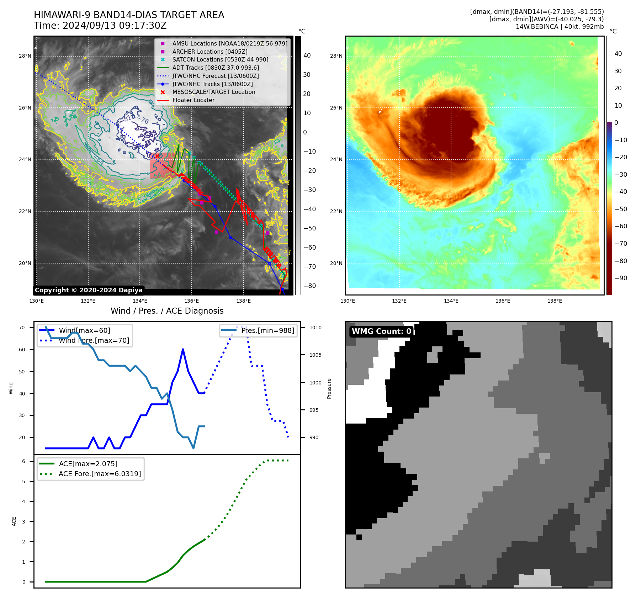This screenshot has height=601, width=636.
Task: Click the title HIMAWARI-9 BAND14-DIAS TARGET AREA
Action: (x=129, y=15)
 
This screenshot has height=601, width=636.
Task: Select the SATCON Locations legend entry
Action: (x=220, y=59)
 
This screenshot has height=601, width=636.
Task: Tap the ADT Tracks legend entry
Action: (x=216, y=68)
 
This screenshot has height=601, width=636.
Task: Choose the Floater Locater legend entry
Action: (x=193, y=100)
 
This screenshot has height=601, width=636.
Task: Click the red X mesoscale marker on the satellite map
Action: (x=157, y=156)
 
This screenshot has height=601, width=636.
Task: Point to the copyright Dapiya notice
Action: (x=89, y=290)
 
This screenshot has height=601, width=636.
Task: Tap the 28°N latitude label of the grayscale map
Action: (x=25, y=56)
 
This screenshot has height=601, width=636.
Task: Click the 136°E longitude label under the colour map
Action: (x=503, y=301)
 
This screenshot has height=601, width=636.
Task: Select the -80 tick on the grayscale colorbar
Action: (x=309, y=286)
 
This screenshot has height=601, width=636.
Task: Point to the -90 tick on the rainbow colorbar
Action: (x=621, y=278)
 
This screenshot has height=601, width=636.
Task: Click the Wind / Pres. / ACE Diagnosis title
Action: (x=167, y=311)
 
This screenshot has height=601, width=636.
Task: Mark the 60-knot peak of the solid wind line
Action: (x=183, y=349)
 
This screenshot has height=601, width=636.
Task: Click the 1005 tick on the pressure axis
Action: (x=315, y=355)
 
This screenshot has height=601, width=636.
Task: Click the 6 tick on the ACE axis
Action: (x=23, y=461)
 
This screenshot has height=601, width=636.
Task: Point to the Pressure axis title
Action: (x=329, y=388)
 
